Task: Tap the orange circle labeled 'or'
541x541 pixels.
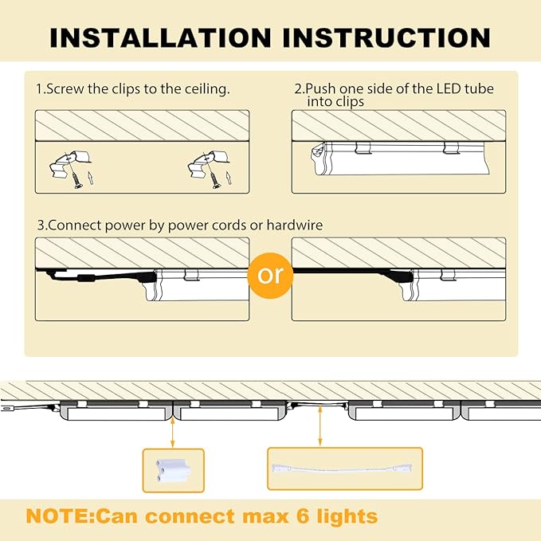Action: [271, 275]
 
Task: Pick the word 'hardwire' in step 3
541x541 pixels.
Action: [296, 225]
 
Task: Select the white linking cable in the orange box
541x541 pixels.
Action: [344, 468]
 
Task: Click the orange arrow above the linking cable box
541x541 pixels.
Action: [320, 429]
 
